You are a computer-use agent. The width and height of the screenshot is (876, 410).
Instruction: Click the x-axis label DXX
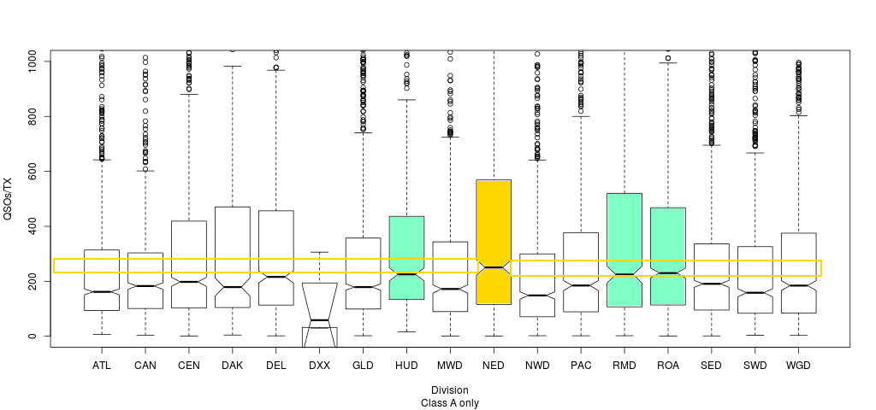[x=319, y=366]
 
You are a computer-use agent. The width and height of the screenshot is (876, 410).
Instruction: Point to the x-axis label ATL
[x=102, y=366]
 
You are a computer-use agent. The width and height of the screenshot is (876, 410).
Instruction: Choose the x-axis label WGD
[x=799, y=366]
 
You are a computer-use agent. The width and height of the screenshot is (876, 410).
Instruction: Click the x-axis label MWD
[x=450, y=366]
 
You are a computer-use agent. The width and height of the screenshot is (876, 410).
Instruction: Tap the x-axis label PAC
[x=581, y=366]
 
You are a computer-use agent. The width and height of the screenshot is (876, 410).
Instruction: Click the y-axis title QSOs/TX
[x=9, y=198]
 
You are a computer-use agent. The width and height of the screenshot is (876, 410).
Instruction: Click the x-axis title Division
[x=449, y=390]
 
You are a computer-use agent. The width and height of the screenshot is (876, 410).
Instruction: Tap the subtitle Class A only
[x=449, y=402]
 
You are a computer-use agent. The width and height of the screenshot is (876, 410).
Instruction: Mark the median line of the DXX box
[x=319, y=320]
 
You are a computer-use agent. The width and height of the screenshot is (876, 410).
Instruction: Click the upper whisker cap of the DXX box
[x=319, y=252]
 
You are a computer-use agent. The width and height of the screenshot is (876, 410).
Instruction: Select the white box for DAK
[x=232, y=256]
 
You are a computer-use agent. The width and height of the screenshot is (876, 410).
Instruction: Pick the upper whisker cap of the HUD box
[x=406, y=100]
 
